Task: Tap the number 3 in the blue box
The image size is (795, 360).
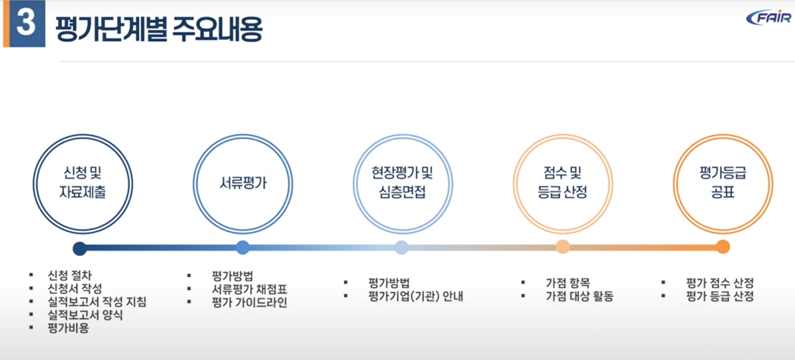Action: pyautogui.click(x=25, y=24)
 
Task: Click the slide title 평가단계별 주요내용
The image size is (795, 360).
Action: pyautogui.click(x=158, y=29)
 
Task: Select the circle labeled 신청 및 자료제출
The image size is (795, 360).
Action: pyautogui.click(x=83, y=183)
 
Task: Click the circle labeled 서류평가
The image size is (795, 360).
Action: pyautogui.click(x=243, y=183)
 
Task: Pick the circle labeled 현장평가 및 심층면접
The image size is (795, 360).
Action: pyautogui.click(x=402, y=183)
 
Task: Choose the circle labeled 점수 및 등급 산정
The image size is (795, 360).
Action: pyautogui.click(x=562, y=183)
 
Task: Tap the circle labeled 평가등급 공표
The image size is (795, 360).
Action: pyautogui.click(x=723, y=183)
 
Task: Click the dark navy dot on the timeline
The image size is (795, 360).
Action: pyautogui.click(x=79, y=248)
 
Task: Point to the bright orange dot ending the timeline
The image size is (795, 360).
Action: pyautogui.click(x=723, y=247)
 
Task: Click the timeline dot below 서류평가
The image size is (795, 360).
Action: pyautogui.click(x=243, y=247)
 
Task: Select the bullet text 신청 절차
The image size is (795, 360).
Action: pyautogui.click(x=69, y=275)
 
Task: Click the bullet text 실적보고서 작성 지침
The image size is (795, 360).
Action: pyautogui.click(x=96, y=302)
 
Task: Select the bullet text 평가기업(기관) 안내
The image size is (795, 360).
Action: pyautogui.click(x=415, y=296)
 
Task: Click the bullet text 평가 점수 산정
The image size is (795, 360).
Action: pyautogui.click(x=720, y=283)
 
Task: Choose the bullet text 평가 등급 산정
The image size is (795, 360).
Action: pyautogui.click(x=720, y=296)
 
